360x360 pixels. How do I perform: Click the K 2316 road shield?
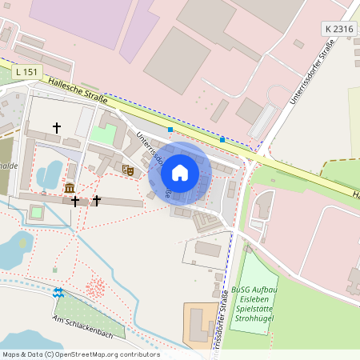click(339, 29)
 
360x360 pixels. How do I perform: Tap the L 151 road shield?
click(26, 72)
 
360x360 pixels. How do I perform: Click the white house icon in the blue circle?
click(180, 172)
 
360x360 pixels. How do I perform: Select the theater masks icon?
click(127, 170)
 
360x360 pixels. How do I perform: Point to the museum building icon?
click(70, 187)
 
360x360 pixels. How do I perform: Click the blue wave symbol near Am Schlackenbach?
click(58, 293)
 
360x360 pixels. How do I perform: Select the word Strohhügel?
click(255, 318)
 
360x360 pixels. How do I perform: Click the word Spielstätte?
click(255, 309)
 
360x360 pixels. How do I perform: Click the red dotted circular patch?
click(95, 286)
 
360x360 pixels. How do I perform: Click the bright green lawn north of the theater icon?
click(103, 135)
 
